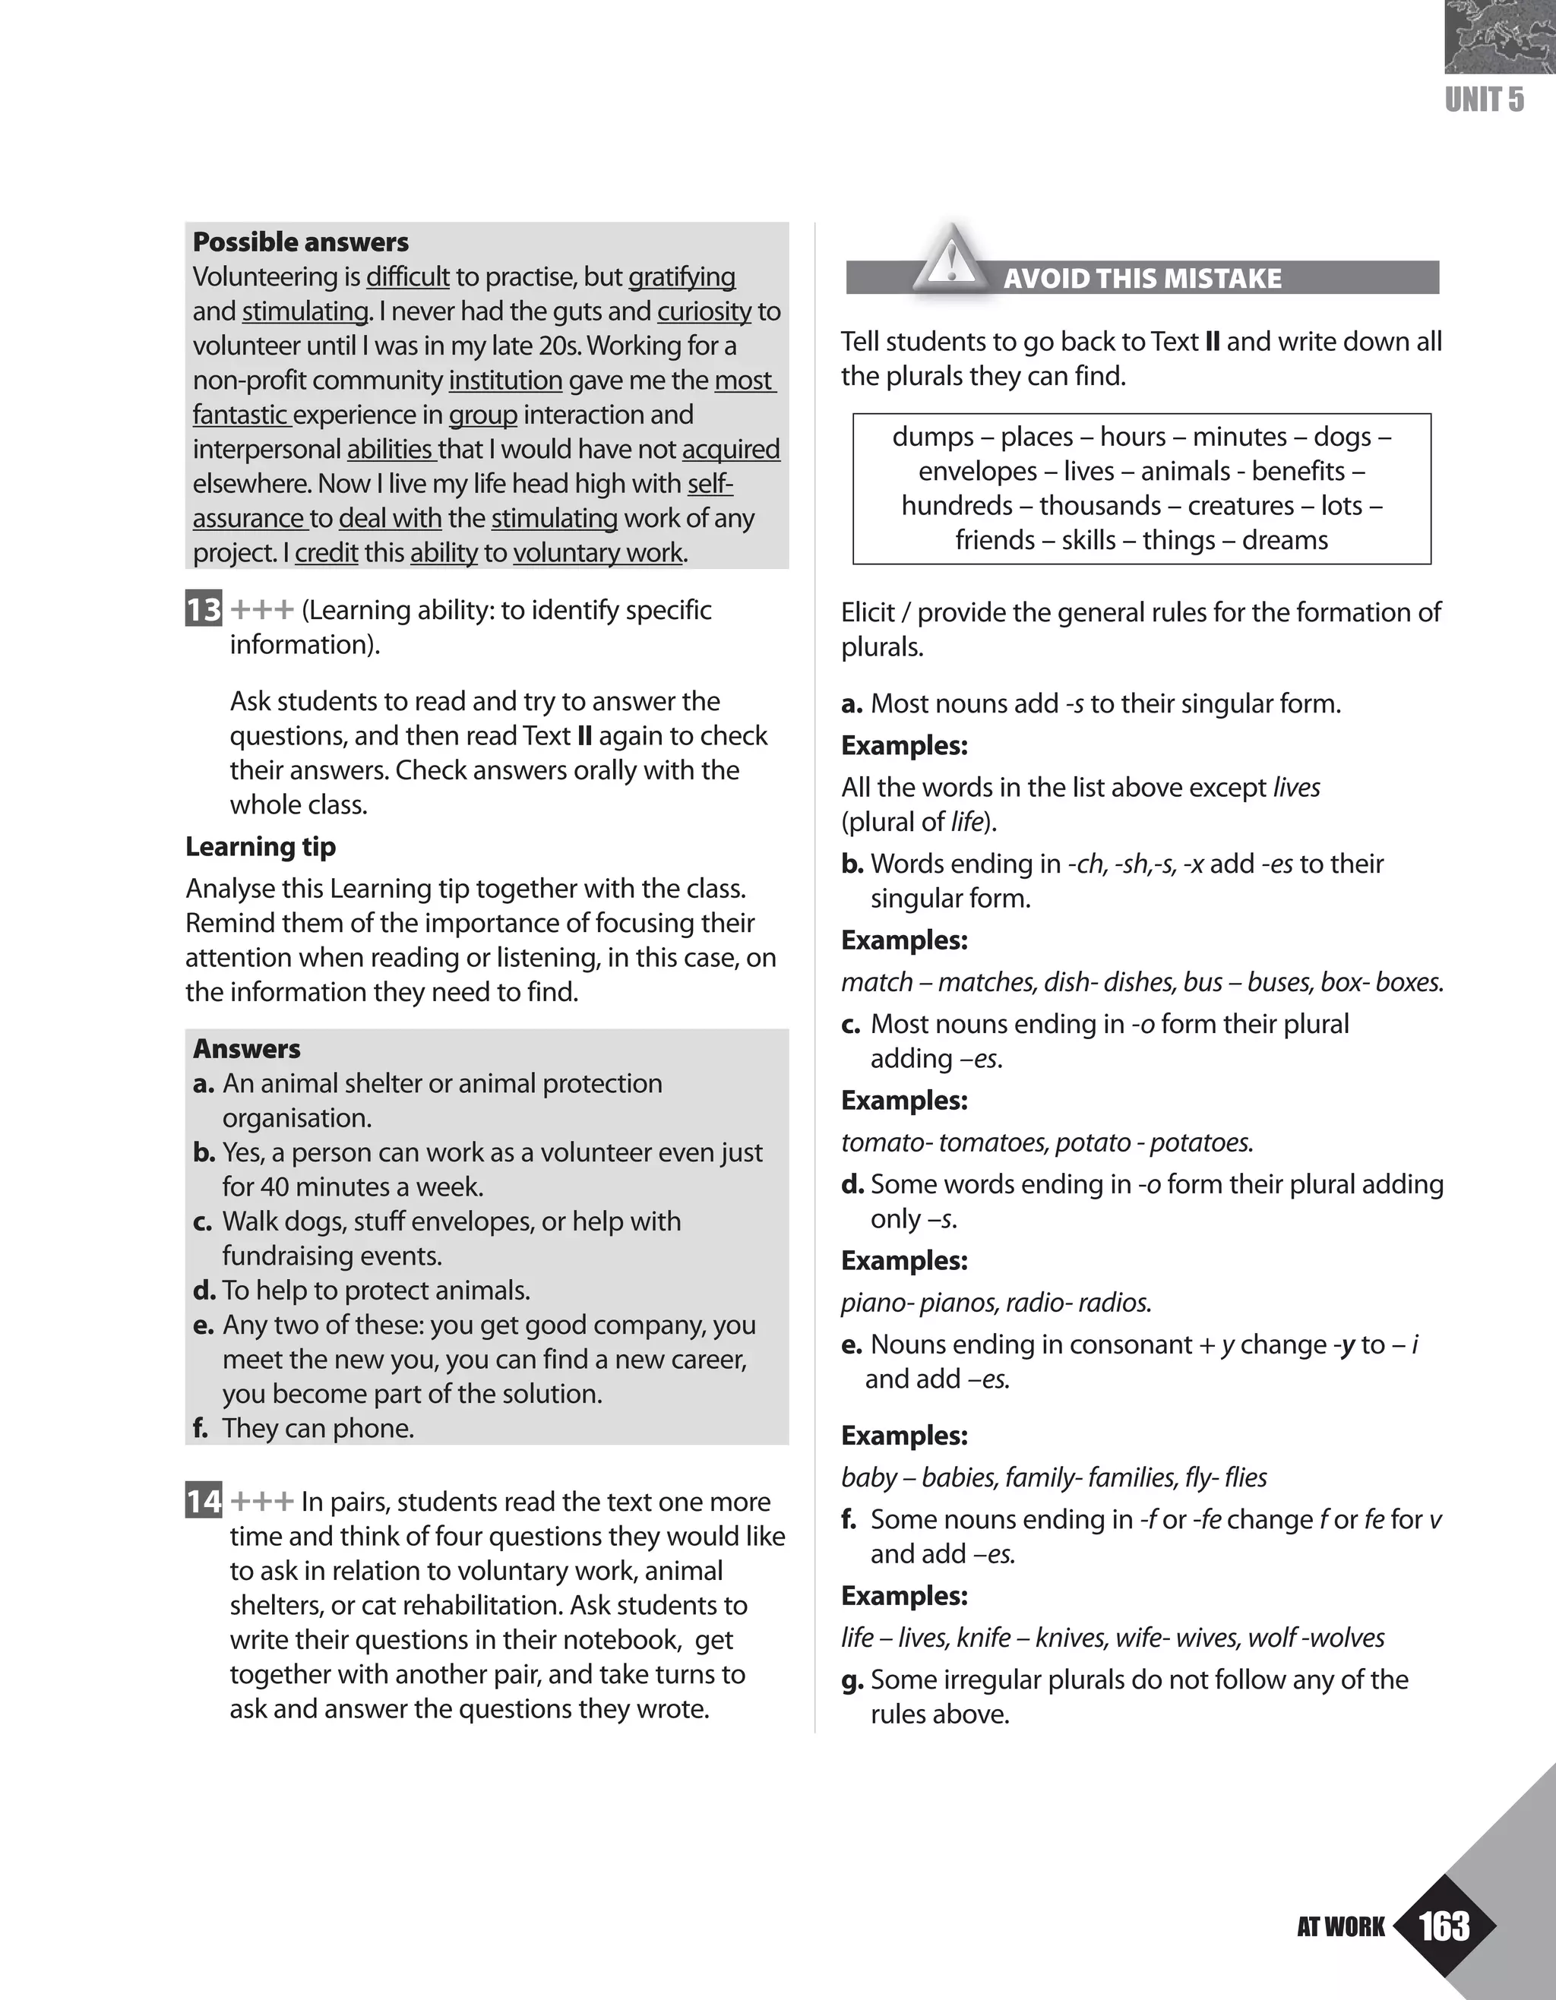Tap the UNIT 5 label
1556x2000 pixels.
pyautogui.click(x=1485, y=99)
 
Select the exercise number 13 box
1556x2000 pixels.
pyautogui.click(x=204, y=610)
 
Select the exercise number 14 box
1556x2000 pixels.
pyautogui.click(x=204, y=1502)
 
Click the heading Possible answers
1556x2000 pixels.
pyautogui.click(x=300, y=242)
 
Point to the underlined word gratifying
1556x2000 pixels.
pyautogui.click(x=682, y=276)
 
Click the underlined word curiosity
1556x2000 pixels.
pyautogui.click(x=704, y=311)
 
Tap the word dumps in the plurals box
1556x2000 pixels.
pyautogui.click(x=926, y=436)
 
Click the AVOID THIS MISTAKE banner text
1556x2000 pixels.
pyautogui.click(x=1142, y=278)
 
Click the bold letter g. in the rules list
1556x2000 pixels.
pyautogui.click(x=852, y=1680)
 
